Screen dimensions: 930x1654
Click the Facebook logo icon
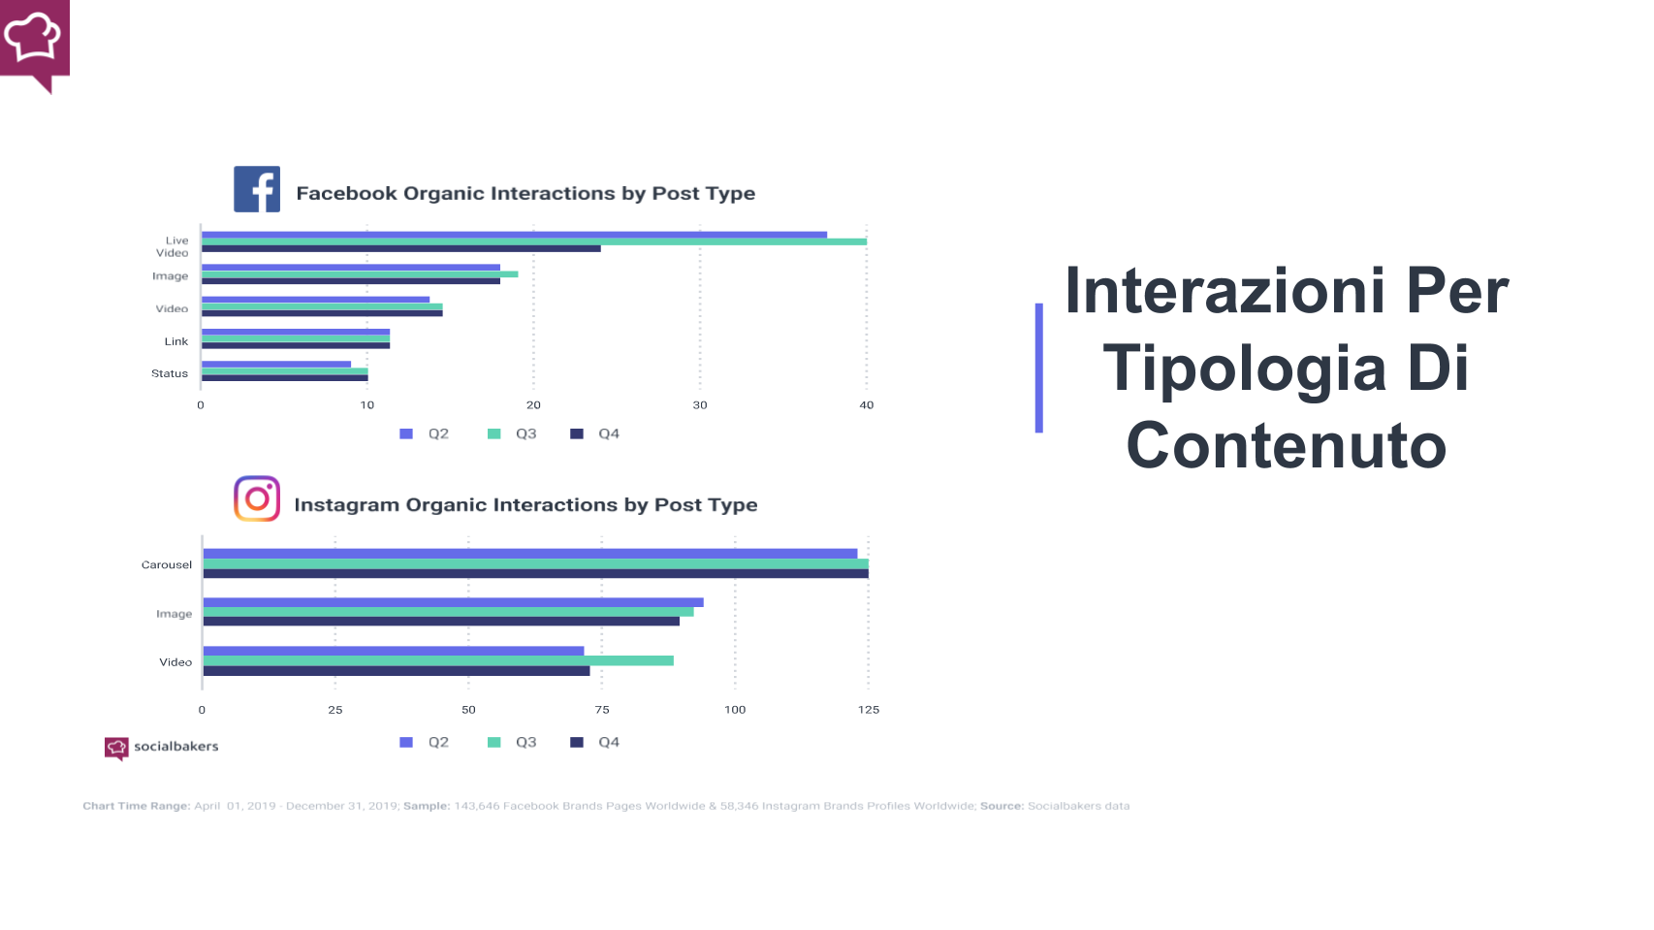click(x=257, y=189)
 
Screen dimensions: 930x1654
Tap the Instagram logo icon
click(x=257, y=498)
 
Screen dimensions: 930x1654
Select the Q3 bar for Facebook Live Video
click(x=533, y=241)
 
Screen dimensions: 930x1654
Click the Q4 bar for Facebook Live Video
click(x=400, y=248)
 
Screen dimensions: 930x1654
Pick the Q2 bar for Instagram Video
click(x=393, y=651)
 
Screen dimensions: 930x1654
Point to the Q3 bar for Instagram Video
click(x=437, y=660)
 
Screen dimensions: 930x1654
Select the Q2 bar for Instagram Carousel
click(x=529, y=554)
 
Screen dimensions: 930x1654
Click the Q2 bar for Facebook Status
click(x=275, y=365)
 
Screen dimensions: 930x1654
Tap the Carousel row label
click(x=167, y=564)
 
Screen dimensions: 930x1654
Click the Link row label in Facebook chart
click(x=176, y=341)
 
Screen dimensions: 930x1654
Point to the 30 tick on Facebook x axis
click(x=700, y=405)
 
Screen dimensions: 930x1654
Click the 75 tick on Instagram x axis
click(x=602, y=710)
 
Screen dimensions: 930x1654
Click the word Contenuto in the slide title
click(x=1286, y=446)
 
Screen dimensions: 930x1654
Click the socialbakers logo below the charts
click(x=161, y=747)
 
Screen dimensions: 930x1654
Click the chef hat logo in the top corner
click(x=34, y=41)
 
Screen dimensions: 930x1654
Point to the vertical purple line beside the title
click(x=1038, y=368)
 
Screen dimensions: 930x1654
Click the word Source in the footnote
click(x=1001, y=806)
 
